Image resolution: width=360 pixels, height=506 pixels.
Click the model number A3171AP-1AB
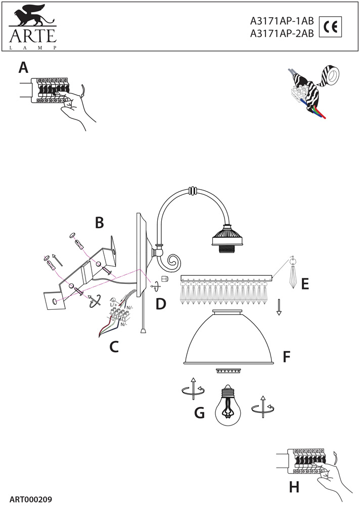pos(282,21)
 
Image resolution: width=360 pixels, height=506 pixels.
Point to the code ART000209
pos(31,499)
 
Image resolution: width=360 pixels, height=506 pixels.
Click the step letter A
pos(23,67)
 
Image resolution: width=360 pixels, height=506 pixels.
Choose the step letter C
pos(114,347)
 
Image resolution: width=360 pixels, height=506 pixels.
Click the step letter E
pos(304,284)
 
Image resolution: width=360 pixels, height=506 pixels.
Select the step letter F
pos(286,357)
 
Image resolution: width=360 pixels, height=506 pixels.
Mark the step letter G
pos(199,413)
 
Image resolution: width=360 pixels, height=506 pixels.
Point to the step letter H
pos(294,487)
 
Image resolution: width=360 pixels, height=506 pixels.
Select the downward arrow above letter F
pos(278,308)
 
